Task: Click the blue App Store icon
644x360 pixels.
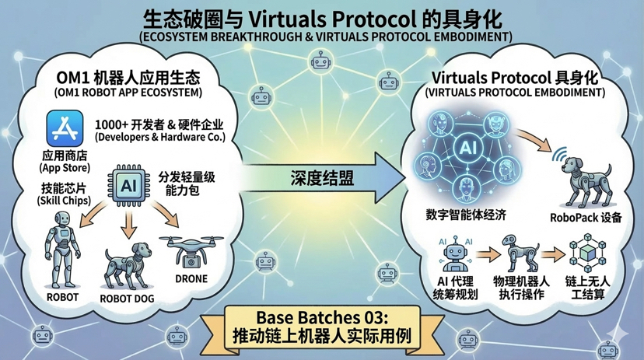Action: coord(65,126)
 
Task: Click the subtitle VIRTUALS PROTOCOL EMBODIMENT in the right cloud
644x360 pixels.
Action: coord(515,92)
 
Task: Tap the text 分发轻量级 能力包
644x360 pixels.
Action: coord(187,184)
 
